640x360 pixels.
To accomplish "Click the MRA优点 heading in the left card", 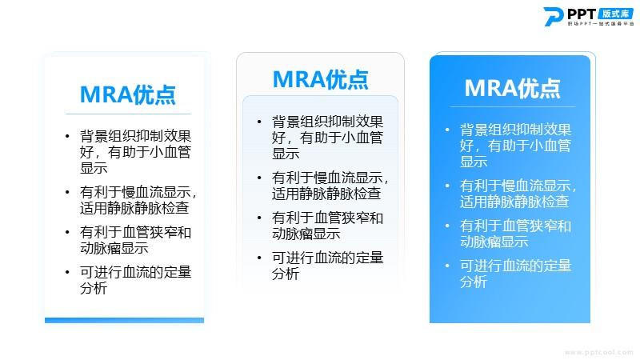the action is tap(128, 94).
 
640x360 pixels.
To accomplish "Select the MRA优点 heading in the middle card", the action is tap(321, 79).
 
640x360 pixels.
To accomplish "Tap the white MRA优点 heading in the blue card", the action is tap(512, 88).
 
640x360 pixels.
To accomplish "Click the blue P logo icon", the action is tap(554, 16).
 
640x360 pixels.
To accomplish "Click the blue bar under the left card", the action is tap(125, 321).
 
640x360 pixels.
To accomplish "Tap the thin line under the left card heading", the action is tap(128, 114).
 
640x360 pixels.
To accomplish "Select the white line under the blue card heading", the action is tap(513, 107).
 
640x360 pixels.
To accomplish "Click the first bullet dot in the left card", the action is tap(67, 136).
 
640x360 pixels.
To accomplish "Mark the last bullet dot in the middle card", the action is tap(259, 258).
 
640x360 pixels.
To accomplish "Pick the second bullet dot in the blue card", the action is tap(447, 186).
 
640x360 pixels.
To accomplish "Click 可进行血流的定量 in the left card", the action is tap(135, 272).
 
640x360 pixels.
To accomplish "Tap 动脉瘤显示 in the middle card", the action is tap(306, 234).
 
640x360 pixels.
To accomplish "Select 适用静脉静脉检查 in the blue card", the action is tap(514, 202).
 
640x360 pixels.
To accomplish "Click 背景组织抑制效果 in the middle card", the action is tap(327, 122).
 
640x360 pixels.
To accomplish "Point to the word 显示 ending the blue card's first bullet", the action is tap(474, 162).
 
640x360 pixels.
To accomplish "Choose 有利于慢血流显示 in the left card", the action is tap(135, 192).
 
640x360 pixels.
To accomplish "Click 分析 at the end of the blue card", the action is tap(474, 282).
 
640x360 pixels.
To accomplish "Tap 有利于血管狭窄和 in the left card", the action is tap(135, 232).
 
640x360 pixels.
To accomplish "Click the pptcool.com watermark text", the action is tap(599, 352).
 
